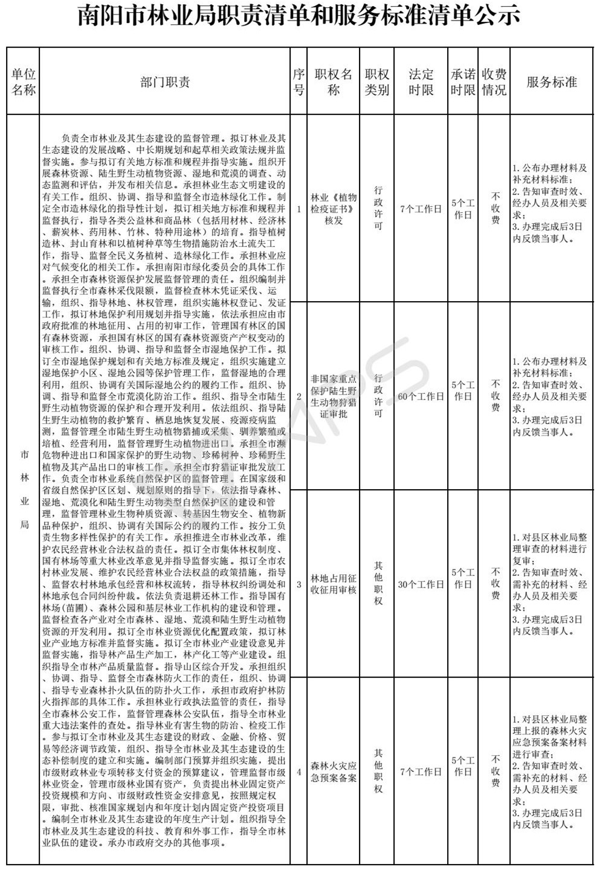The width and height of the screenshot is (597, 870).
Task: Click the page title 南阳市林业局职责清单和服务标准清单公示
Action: [298, 16]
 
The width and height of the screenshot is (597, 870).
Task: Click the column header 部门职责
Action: [165, 82]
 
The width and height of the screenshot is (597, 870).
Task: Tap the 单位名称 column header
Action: [24, 82]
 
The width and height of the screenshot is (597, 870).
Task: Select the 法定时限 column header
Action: [421, 82]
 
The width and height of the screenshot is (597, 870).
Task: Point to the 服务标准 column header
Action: [551, 82]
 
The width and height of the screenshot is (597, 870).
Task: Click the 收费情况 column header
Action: [494, 82]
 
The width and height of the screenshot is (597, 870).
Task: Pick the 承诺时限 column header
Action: [463, 82]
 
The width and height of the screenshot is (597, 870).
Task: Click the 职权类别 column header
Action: [377, 82]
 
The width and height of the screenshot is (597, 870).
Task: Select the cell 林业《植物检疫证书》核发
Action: [334, 209]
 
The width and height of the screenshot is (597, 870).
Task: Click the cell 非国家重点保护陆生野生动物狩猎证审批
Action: [334, 397]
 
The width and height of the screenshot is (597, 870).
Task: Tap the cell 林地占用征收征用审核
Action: [334, 584]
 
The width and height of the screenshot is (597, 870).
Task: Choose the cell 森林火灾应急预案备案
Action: [334, 771]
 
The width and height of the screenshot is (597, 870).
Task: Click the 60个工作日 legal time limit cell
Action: [421, 397]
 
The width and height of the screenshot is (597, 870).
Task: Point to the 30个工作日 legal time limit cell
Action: [421, 584]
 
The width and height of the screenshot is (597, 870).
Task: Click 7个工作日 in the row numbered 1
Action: [421, 209]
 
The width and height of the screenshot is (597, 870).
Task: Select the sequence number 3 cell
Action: [298, 584]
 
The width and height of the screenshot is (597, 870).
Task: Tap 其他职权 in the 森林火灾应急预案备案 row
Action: [378, 771]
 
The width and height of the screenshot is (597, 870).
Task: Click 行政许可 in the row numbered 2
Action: [378, 397]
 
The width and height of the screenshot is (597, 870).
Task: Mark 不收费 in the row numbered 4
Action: [495, 771]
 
